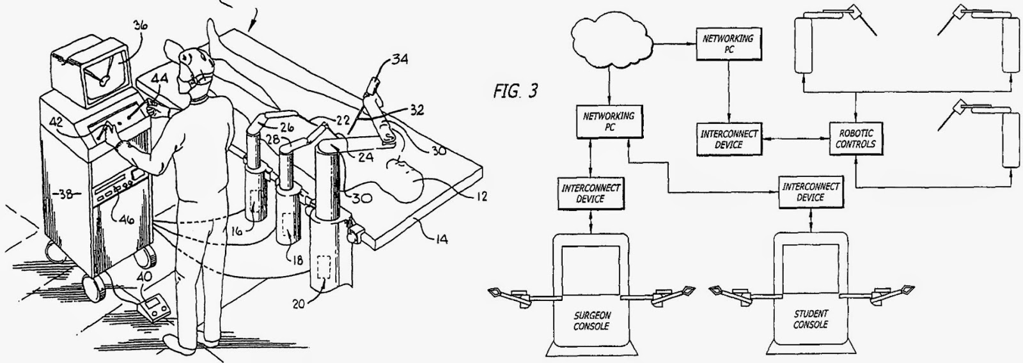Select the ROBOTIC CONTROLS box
coord(856,139)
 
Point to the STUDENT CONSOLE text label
coord(811,319)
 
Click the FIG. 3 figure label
coord(515,91)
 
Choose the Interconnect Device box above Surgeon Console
coord(591,194)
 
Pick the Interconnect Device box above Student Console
coord(811,192)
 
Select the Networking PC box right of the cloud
coord(729,43)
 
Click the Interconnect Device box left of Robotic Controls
coord(729,139)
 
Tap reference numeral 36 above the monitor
coord(140,26)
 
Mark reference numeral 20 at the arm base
coord(299,303)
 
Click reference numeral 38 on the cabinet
coord(65,194)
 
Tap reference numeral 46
coord(127,220)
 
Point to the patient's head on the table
coord(406,180)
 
